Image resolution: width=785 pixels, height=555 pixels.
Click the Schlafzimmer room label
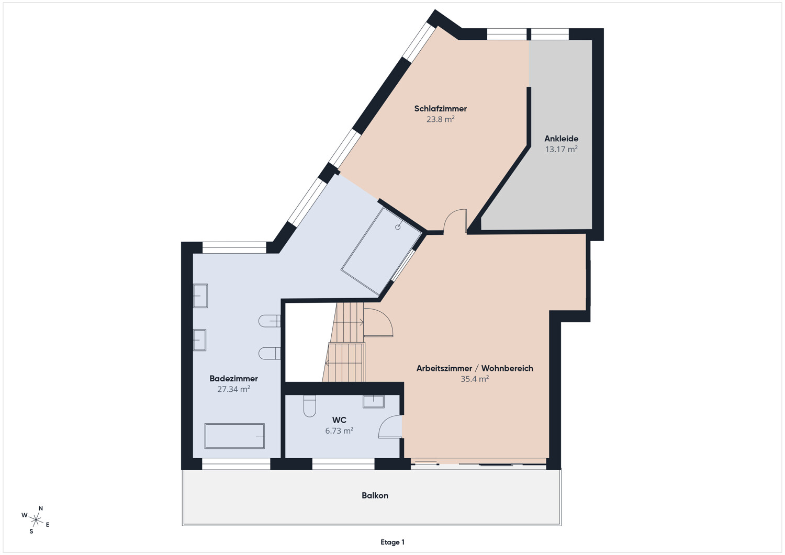[440, 109]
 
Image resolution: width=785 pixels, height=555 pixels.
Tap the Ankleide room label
[561, 139]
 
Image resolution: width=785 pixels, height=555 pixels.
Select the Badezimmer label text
[233, 379]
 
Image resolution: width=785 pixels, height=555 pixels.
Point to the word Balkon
[375, 495]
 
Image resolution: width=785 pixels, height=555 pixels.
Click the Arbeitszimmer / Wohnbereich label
[475, 368]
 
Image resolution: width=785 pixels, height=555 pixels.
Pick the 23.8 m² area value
[440, 119]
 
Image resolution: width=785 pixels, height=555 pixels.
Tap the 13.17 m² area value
[561, 149]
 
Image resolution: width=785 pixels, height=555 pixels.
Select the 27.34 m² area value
[233, 389]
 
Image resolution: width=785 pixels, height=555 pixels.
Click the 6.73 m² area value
[339, 431]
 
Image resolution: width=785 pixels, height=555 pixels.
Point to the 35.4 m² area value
[475, 379]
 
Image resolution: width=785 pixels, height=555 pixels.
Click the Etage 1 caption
[392, 542]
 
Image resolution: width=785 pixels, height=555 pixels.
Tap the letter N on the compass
[41, 508]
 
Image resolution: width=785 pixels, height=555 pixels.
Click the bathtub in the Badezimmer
[234, 436]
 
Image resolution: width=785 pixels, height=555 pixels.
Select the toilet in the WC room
[310, 406]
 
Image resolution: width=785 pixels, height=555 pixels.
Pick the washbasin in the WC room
[374, 401]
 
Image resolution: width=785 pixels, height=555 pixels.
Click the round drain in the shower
[398, 228]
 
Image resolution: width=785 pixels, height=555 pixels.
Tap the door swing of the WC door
[390, 426]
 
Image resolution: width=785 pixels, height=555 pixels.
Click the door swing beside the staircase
[378, 322]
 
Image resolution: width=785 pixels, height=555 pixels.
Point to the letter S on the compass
[31, 531]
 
